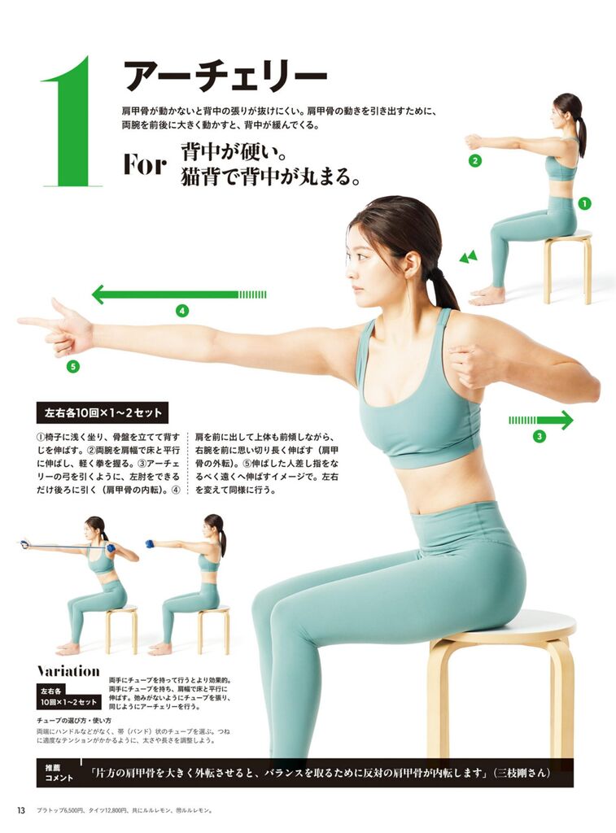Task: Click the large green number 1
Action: click(x=70, y=122)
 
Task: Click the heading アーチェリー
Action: click(x=225, y=76)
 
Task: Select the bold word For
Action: click(x=145, y=164)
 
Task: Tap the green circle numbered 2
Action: click(x=474, y=160)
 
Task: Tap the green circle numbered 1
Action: click(x=584, y=203)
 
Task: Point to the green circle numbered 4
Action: click(x=182, y=311)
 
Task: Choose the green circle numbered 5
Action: click(x=72, y=366)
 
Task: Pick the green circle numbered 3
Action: click(x=540, y=437)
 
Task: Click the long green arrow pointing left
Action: click(x=179, y=294)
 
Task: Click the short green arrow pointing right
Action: click(x=541, y=420)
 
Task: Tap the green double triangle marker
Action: click(x=468, y=258)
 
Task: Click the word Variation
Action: click(x=68, y=671)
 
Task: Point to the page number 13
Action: click(x=21, y=810)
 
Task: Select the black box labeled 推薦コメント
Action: click(x=59, y=773)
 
